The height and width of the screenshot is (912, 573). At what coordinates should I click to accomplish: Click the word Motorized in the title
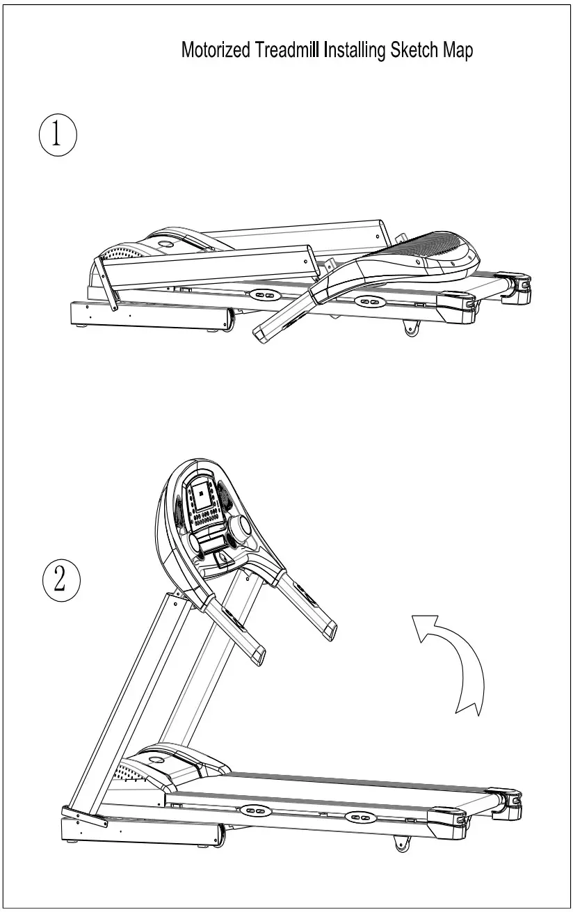click(215, 51)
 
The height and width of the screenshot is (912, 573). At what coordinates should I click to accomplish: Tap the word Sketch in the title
click(414, 51)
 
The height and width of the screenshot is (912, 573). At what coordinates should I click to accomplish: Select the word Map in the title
click(458, 51)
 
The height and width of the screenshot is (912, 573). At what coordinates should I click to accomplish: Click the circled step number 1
click(56, 135)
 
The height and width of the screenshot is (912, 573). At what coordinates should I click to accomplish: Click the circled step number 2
click(60, 579)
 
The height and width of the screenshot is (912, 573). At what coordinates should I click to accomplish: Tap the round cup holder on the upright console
click(238, 528)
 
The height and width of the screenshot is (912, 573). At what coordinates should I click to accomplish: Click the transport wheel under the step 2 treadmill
click(401, 845)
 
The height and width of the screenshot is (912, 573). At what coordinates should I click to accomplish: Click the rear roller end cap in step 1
click(520, 287)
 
